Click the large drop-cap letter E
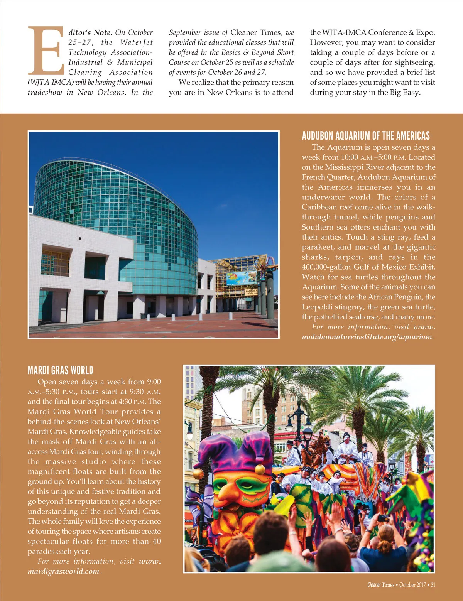(45, 50)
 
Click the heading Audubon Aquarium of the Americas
(365, 136)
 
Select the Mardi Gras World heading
(60, 370)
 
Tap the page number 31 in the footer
(433, 585)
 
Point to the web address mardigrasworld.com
(64, 571)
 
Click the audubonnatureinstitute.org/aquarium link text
(367, 337)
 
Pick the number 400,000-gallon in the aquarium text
(326, 267)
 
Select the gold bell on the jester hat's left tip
(198, 473)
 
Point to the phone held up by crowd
(383, 518)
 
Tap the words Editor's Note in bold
(90, 33)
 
